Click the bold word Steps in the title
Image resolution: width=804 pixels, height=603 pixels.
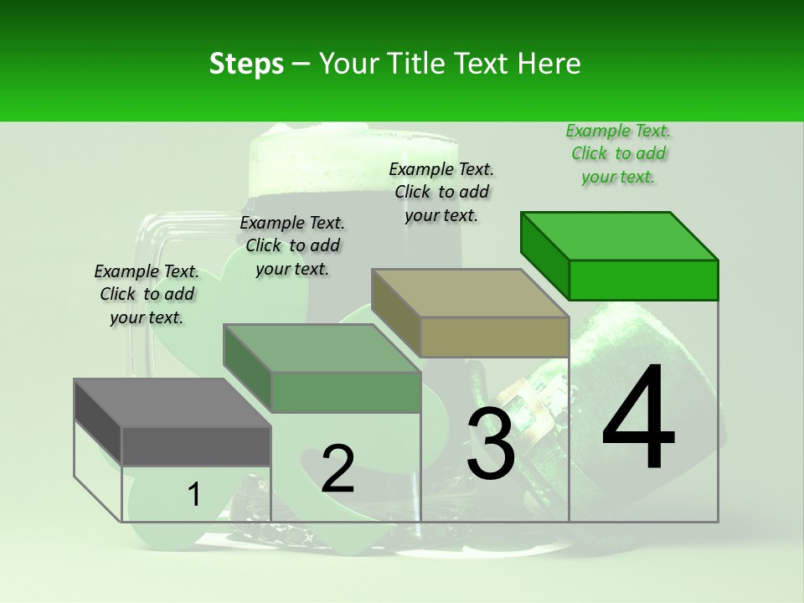(246, 64)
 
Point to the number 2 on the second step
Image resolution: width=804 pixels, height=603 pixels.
(338, 469)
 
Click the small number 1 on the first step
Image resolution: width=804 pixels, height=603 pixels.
(194, 495)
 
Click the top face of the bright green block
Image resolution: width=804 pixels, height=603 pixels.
(620, 235)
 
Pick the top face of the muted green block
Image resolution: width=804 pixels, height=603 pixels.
(322, 348)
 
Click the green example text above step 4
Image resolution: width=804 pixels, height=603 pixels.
(618, 153)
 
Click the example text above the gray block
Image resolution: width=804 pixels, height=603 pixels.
(147, 294)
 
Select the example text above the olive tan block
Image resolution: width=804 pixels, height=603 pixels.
(441, 192)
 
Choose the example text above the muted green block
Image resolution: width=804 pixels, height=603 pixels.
(292, 245)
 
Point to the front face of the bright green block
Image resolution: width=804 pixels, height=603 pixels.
(643, 280)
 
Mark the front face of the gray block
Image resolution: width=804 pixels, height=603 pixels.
(196, 446)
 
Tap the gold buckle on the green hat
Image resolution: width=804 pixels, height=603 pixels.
(519, 402)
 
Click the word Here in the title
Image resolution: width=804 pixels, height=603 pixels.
(549, 64)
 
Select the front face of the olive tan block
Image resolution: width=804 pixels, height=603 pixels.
(494, 337)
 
